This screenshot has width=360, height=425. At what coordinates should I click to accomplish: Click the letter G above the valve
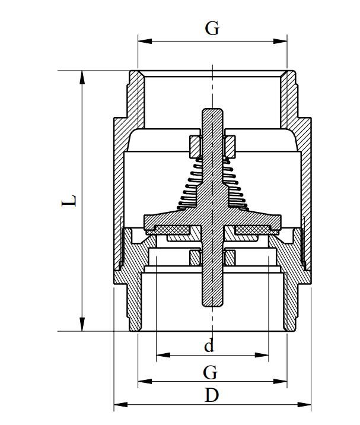pos(212,28)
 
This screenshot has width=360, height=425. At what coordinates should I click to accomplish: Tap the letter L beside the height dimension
pos(70,201)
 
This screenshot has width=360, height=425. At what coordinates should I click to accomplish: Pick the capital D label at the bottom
pos(212,395)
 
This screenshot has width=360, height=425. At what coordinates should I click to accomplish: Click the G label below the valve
pos(210,372)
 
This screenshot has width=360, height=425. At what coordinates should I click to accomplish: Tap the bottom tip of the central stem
pos(212,305)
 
